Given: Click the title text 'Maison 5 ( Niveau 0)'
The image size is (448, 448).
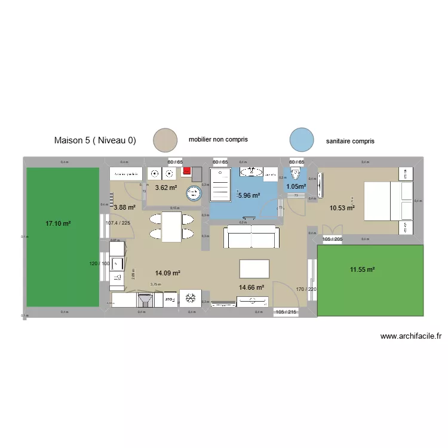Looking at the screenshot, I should click(95, 141).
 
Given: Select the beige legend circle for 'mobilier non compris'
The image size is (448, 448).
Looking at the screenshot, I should click(165, 140).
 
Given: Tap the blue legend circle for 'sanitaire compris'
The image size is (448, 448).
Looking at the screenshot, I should click(301, 140).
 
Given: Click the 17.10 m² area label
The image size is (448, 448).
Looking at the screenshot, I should click(58, 223).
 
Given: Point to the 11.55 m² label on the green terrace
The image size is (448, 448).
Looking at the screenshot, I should click(362, 270).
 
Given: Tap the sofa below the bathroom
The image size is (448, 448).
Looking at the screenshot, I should click(251, 237).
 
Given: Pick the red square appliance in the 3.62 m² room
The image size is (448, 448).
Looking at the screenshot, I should click(187, 171).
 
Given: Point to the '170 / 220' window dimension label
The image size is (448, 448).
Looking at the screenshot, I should click(305, 290).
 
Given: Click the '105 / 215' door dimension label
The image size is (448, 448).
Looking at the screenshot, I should click(286, 312).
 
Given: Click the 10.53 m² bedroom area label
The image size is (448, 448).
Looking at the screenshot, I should click(342, 208).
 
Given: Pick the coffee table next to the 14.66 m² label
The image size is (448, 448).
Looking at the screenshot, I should click(254, 269).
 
